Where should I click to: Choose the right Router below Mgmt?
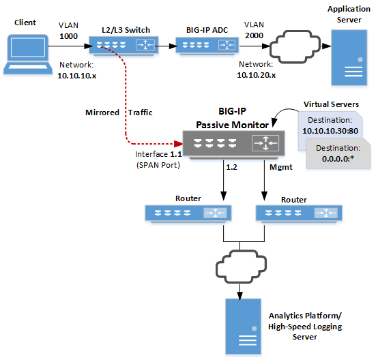click(x=289, y=213)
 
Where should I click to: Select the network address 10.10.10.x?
click(x=76, y=75)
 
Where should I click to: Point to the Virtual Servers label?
click(x=332, y=104)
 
